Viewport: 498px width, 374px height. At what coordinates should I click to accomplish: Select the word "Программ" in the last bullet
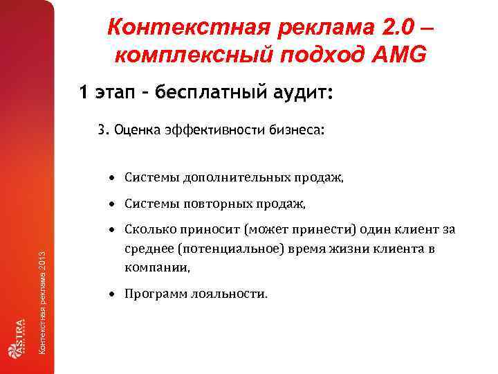[x=154, y=294]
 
